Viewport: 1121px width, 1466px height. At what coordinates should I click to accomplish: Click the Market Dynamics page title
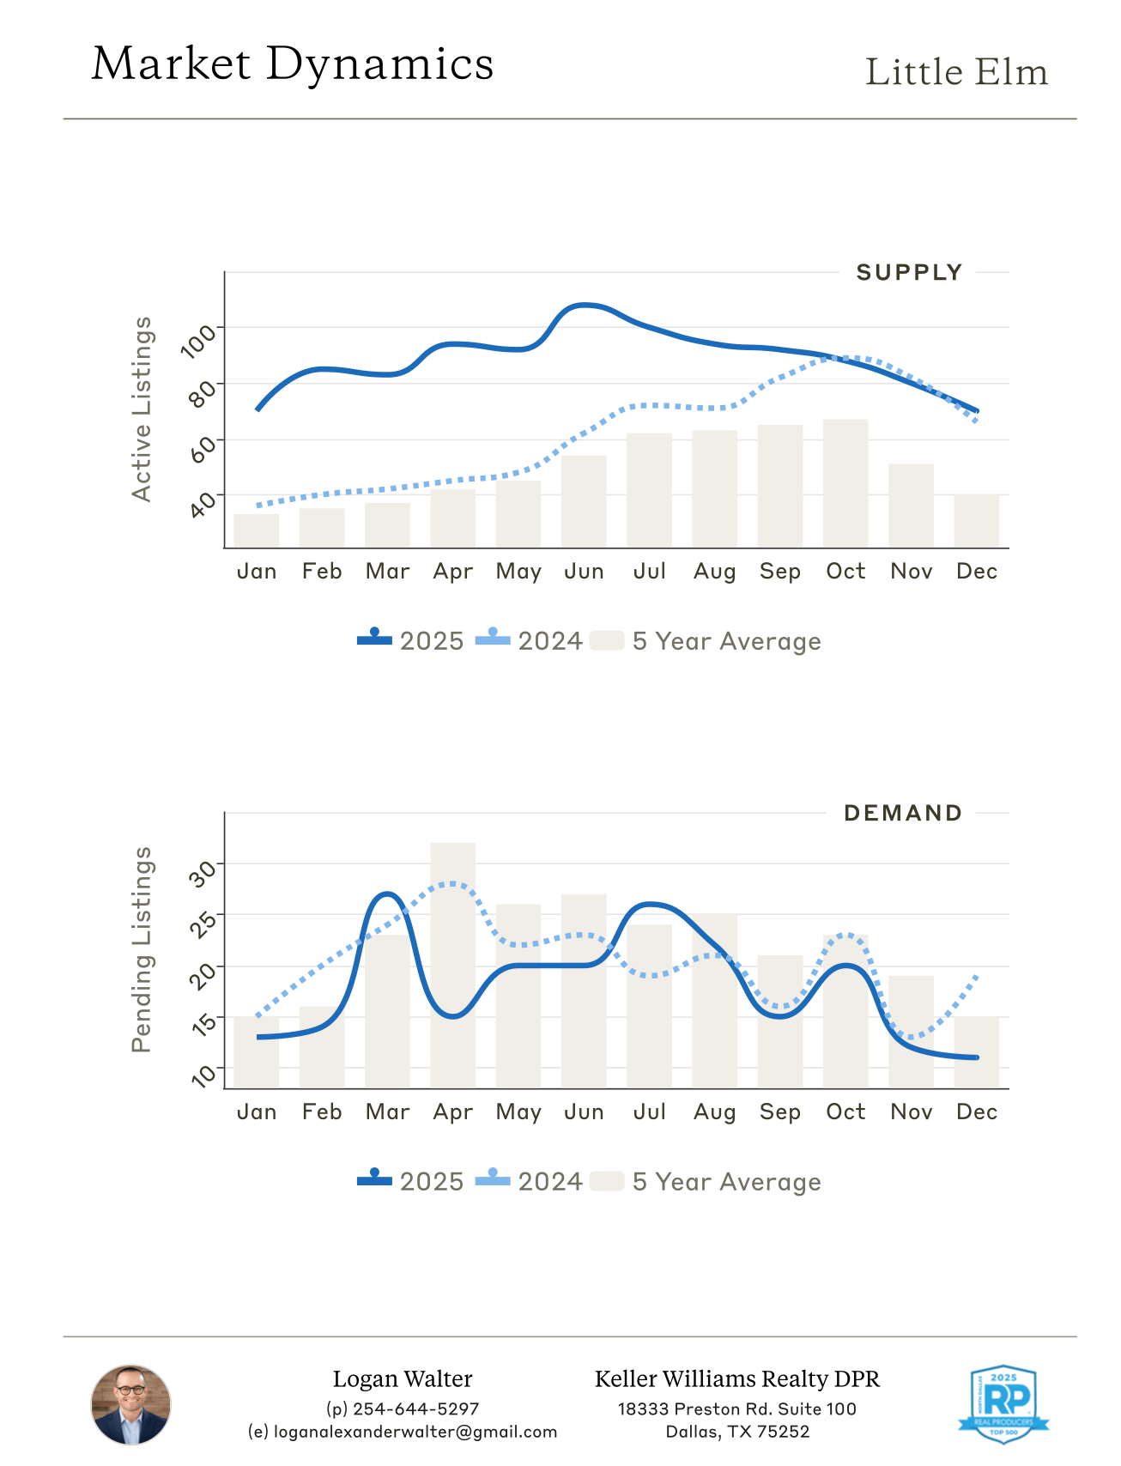293,64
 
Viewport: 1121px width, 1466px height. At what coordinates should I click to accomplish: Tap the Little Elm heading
956,72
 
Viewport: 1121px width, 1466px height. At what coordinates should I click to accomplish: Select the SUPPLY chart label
909,273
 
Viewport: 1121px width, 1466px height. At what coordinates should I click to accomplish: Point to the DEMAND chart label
903,814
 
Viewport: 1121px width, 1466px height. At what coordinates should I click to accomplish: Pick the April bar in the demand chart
453,966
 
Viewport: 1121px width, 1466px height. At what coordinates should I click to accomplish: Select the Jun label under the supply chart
584,572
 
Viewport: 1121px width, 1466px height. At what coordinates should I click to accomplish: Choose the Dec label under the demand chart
977,1112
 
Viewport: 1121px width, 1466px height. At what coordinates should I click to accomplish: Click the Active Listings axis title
142,409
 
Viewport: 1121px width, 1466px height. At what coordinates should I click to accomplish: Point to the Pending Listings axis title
142,949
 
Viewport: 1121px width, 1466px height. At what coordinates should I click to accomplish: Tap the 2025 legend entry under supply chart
411,641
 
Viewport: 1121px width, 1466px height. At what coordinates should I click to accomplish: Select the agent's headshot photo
131,1405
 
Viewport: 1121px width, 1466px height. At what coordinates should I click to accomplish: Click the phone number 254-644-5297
403,1409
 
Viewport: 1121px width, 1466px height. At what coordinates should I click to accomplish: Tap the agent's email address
403,1432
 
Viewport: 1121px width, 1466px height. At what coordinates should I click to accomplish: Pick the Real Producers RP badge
1003,1404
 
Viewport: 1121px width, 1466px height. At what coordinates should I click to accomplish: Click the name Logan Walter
403,1379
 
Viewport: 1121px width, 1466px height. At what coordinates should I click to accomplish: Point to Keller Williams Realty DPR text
737,1379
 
